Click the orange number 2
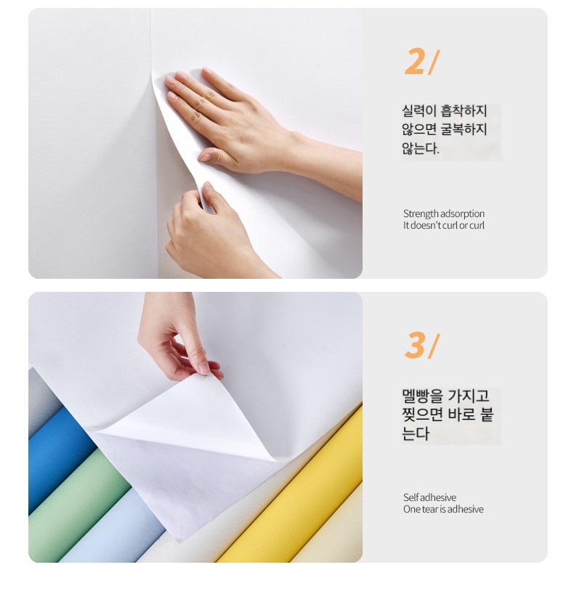click(x=414, y=61)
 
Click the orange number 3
click(x=414, y=345)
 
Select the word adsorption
click(x=462, y=214)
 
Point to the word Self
click(x=411, y=497)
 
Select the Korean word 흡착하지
click(x=464, y=110)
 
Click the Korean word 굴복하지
click(x=464, y=129)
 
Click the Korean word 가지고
click(x=469, y=396)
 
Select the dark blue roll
click(x=58, y=457)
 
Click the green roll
click(x=78, y=507)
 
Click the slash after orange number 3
click(x=434, y=346)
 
